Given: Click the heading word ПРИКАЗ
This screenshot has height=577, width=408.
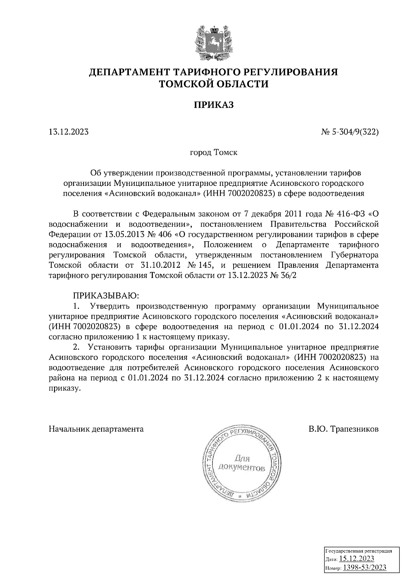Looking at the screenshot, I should coord(214,105).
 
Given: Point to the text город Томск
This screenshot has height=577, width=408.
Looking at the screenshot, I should coord(214,152).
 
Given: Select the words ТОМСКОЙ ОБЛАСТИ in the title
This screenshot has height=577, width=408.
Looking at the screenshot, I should coord(214,84).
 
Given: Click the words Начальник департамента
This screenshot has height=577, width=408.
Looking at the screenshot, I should coord(96,429).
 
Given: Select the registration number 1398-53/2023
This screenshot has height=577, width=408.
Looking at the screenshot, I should coord(364,567).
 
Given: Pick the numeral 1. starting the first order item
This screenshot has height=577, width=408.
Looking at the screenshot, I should coord(76,306).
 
